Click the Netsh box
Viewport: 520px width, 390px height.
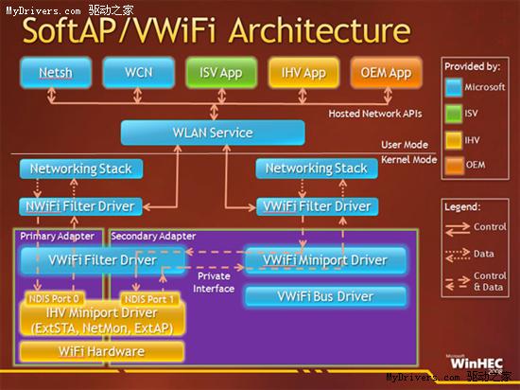tap(56, 72)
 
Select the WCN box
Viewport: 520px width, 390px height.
tap(139, 72)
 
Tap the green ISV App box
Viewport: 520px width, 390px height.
tap(221, 72)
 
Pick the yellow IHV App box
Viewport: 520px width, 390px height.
tap(303, 72)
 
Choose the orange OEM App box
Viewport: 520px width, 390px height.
tap(387, 72)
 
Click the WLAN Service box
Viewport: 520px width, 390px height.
tap(213, 133)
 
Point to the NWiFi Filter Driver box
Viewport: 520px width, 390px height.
tap(80, 206)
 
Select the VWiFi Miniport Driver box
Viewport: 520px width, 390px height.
tap(325, 260)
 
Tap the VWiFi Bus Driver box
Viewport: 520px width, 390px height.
tap(325, 296)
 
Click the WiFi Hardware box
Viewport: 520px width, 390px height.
tap(102, 351)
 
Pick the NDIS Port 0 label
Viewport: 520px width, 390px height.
tap(54, 299)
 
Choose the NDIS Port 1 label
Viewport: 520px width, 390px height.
tap(149, 299)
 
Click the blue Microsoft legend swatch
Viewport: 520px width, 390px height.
tap(454, 88)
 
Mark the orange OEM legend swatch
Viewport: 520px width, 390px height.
tap(454, 166)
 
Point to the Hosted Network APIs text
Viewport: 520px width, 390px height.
tap(375, 114)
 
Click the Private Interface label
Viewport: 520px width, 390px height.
tap(214, 282)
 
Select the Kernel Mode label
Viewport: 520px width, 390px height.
tap(408, 160)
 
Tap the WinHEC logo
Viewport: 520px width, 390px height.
tap(477, 363)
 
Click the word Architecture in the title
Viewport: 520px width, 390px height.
tap(320, 30)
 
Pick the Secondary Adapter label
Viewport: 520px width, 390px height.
tap(153, 237)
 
